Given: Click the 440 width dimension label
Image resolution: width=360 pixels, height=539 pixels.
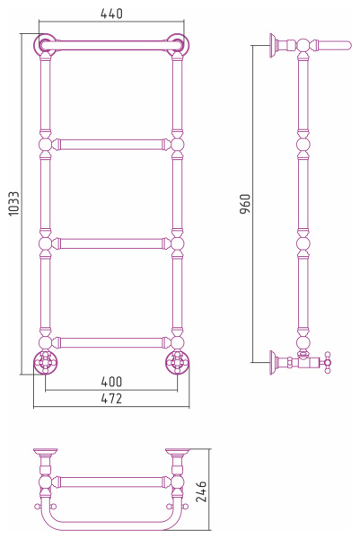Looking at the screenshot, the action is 111,13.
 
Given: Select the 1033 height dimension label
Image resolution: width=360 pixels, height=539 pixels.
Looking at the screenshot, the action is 14,204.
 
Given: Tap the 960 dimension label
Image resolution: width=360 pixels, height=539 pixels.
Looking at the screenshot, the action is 245,204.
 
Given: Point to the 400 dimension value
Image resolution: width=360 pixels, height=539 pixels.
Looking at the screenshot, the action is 111,382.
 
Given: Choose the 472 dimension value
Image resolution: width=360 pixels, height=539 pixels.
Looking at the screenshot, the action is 111,398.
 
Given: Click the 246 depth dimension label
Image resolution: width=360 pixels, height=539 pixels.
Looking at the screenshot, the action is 201,492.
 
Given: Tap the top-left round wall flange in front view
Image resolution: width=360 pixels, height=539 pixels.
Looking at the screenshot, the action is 45,45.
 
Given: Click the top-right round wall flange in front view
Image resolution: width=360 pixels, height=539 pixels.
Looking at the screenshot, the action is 178,45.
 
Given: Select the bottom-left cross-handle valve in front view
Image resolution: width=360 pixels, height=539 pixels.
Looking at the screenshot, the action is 45,362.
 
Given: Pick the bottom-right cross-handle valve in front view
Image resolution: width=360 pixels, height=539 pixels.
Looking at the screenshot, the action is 177,362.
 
